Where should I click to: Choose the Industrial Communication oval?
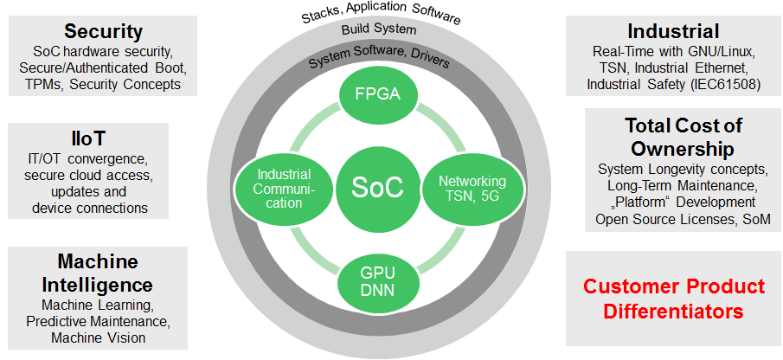click(279, 189)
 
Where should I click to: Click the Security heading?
click(103, 32)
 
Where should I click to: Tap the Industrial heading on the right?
click(672, 32)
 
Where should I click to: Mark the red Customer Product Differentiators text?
click(673, 299)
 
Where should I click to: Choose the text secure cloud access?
click(89, 176)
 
